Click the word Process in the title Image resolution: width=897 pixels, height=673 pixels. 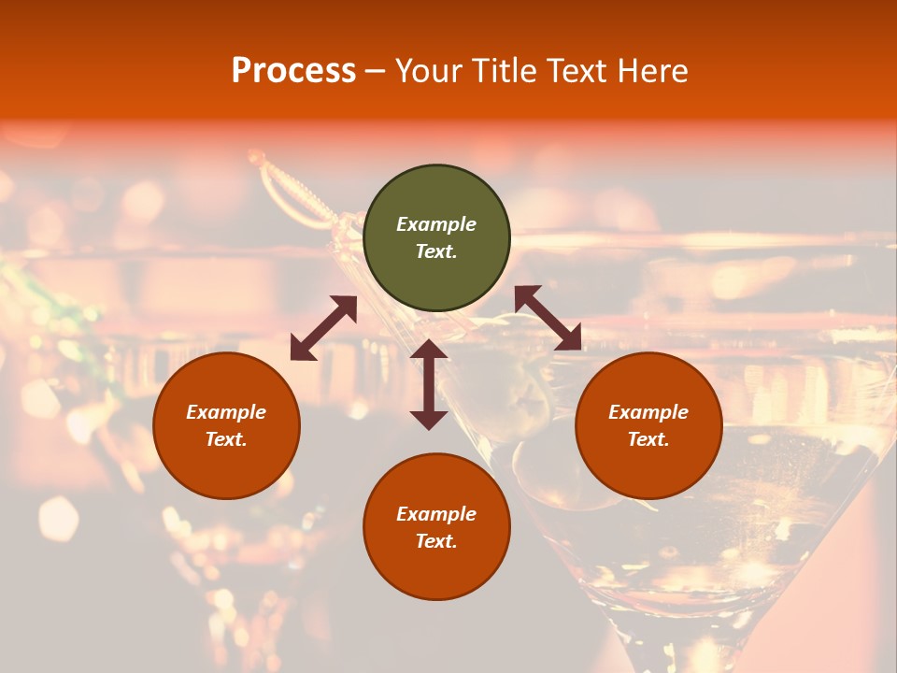293,71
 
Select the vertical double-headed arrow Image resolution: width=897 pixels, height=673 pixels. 429,384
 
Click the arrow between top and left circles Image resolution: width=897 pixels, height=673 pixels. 323,327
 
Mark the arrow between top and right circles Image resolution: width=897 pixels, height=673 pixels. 548,318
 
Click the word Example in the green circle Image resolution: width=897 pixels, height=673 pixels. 436,224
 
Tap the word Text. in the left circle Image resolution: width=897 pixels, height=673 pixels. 226,439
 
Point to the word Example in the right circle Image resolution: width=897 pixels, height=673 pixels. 648,412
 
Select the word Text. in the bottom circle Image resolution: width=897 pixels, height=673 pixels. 436,541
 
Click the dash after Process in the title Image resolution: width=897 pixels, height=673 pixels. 376,71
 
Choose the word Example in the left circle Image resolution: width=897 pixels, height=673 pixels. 226,412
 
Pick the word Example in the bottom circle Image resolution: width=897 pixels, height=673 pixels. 436,514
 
